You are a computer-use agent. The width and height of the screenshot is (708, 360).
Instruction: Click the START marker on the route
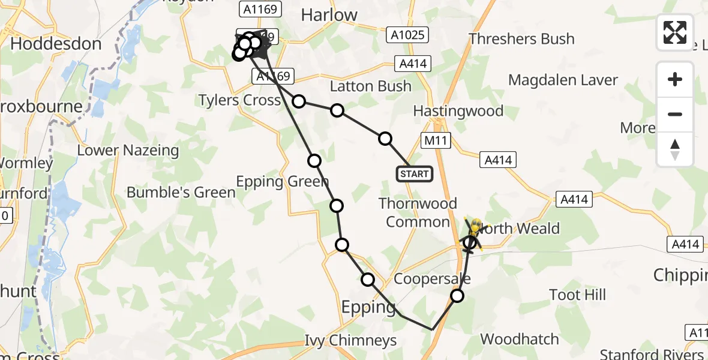[x=414, y=174]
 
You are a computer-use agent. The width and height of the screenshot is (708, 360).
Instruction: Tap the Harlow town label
[x=329, y=15]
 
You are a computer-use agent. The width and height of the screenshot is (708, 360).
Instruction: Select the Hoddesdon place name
[x=56, y=44]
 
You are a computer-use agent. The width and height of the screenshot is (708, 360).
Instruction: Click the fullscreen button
[x=675, y=32]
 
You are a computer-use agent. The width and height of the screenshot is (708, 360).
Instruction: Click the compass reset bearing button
[x=675, y=149]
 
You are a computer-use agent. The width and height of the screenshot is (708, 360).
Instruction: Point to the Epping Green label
[x=282, y=181]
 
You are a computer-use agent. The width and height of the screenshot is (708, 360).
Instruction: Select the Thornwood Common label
[x=418, y=212]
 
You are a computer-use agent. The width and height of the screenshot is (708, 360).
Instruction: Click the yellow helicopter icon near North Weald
[x=475, y=229]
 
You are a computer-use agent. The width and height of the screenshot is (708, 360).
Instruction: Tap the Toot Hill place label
[x=577, y=295]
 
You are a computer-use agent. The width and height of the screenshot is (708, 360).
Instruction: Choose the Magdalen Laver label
[x=563, y=80]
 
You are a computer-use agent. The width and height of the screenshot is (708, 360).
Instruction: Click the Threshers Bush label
[x=521, y=39]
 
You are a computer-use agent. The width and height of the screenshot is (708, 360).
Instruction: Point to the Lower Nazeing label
[x=128, y=150]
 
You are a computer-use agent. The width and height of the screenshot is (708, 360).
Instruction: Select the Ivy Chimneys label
[x=350, y=341]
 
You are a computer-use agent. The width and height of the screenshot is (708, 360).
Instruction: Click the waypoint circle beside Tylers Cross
[x=299, y=101]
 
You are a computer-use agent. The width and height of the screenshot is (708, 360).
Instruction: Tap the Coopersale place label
[x=432, y=279]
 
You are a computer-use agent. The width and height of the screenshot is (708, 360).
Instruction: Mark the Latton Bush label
[x=371, y=86]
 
